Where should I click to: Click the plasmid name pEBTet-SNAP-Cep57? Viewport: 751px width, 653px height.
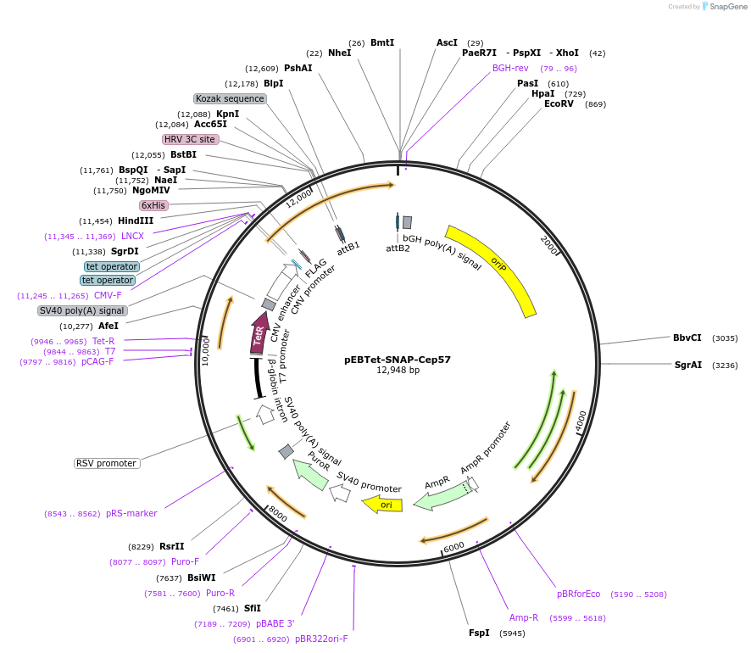click(398, 359)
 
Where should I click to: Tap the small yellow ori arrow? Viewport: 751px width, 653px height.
click(383, 505)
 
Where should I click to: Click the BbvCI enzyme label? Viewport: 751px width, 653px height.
click(687, 338)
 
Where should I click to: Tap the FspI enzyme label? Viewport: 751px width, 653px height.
click(479, 633)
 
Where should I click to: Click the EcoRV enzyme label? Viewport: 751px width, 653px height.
click(559, 104)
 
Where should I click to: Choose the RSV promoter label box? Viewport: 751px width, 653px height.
click(107, 463)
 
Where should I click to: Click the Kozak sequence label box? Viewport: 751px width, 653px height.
click(230, 98)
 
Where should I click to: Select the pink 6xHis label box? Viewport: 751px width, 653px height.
click(153, 205)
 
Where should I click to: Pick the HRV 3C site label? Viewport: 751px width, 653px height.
click(190, 139)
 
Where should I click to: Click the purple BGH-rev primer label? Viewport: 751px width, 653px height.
click(510, 68)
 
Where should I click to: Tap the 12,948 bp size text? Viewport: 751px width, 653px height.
click(398, 371)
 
